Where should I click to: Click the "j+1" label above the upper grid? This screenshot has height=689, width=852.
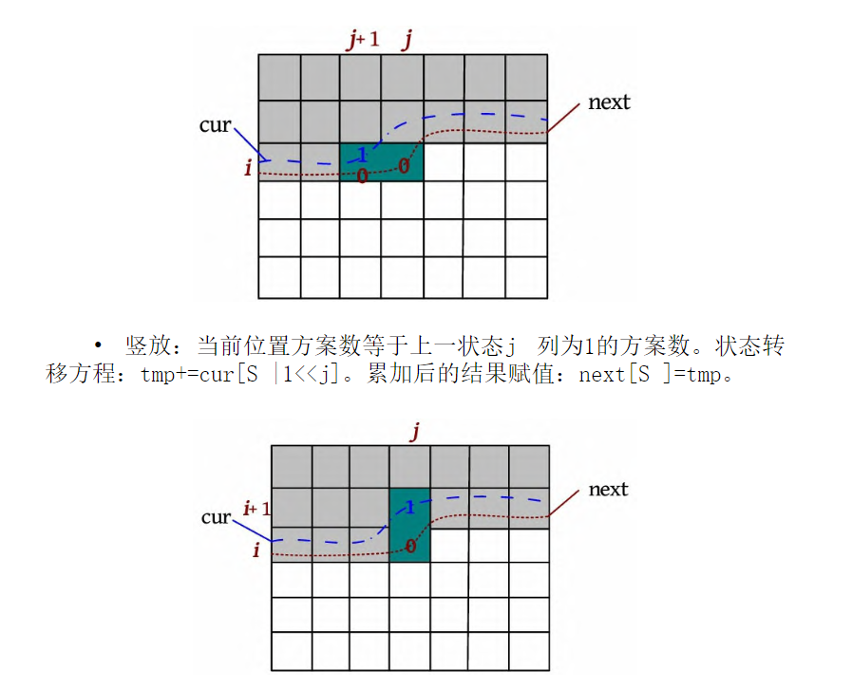362,40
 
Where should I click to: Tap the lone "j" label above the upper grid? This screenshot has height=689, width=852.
407,40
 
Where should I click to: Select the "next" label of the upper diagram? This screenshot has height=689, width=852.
609,102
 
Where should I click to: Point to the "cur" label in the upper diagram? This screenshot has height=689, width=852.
215,124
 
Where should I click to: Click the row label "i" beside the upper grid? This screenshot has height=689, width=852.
248,169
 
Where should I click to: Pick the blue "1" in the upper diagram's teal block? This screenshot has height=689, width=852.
362,155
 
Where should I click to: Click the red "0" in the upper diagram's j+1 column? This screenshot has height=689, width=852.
362,175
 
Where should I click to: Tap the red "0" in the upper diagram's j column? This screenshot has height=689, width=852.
404,167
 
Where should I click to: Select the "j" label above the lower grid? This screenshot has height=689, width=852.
414,433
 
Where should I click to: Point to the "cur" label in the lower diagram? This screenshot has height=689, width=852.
216,517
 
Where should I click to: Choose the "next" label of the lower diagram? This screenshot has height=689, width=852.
608,490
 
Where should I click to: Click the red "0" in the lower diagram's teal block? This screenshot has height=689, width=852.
410,547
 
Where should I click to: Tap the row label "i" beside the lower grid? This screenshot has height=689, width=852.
256,549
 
